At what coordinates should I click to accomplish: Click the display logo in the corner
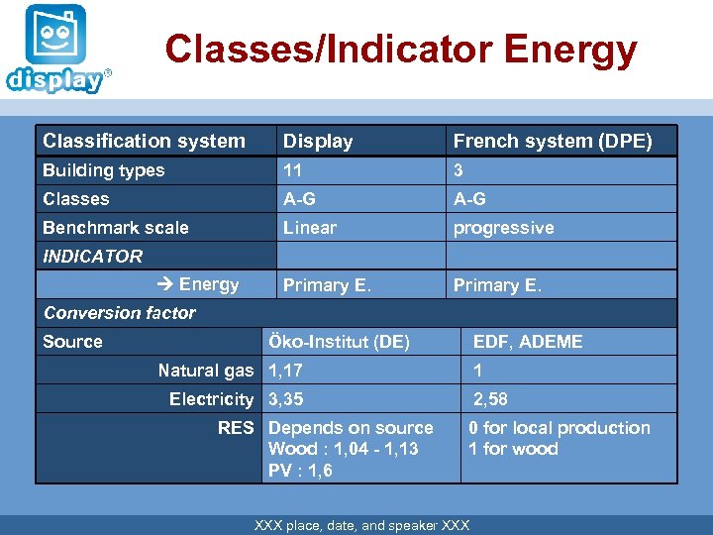[56, 50]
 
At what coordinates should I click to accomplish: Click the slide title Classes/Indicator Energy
[400, 49]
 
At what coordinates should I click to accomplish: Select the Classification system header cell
[144, 141]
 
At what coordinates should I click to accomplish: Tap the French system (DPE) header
[552, 141]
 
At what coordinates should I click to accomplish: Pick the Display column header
[318, 141]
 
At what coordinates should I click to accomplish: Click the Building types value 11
[293, 170]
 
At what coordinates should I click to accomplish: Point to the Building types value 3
[458, 170]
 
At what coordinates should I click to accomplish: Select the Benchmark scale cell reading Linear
[310, 227]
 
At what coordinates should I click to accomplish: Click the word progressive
[503, 227]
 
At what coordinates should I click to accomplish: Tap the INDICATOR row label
[92, 256]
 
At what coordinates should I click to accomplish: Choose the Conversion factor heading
[120, 313]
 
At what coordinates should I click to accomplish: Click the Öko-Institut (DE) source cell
[339, 342]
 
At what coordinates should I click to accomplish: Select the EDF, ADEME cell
[528, 342]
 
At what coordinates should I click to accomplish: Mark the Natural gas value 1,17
[285, 371]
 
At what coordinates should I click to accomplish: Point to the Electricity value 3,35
[285, 399]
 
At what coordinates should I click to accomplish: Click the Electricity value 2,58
[490, 399]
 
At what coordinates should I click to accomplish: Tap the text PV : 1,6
[300, 471]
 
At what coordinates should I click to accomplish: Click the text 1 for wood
[513, 449]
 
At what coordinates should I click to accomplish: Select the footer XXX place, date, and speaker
[361, 525]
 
